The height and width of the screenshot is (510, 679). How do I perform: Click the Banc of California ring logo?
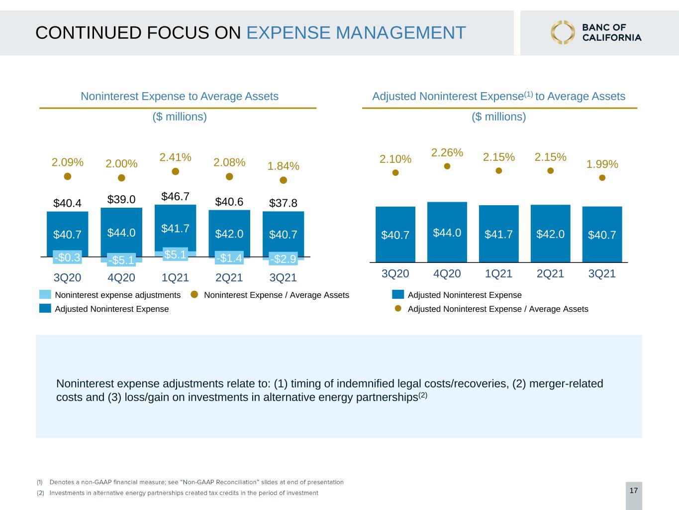click(563, 32)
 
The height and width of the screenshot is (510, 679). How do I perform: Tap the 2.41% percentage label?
click(176, 157)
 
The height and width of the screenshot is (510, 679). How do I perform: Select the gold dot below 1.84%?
click(284, 180)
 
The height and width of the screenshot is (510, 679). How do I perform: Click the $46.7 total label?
click(176, 196)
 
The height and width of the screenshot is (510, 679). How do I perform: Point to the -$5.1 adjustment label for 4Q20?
click(121, 260)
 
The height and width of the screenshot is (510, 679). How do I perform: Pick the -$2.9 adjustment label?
click(283, 259)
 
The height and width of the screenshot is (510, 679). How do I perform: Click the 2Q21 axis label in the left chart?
click(229, 277)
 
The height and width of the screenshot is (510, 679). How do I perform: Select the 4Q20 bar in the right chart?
click(447, 232)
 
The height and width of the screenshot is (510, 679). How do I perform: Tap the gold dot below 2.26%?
click(447, 166)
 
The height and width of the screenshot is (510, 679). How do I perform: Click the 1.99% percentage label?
click(602, 164)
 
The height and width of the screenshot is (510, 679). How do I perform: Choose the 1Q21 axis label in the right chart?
click(498, 274)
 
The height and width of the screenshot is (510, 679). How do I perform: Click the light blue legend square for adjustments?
click(45, 294)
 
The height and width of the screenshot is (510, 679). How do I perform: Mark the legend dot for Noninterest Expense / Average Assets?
click(194, 294)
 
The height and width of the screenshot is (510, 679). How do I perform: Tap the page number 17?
click(634, 491)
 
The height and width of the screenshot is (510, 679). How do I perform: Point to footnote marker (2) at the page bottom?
click(40, 493)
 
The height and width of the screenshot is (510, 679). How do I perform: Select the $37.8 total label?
click(283, 203)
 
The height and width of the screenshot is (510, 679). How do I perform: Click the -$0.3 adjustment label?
click(67, 257)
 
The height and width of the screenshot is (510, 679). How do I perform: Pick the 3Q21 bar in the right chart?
click(602, 235)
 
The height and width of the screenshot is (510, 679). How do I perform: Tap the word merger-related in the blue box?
click(566, 383)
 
